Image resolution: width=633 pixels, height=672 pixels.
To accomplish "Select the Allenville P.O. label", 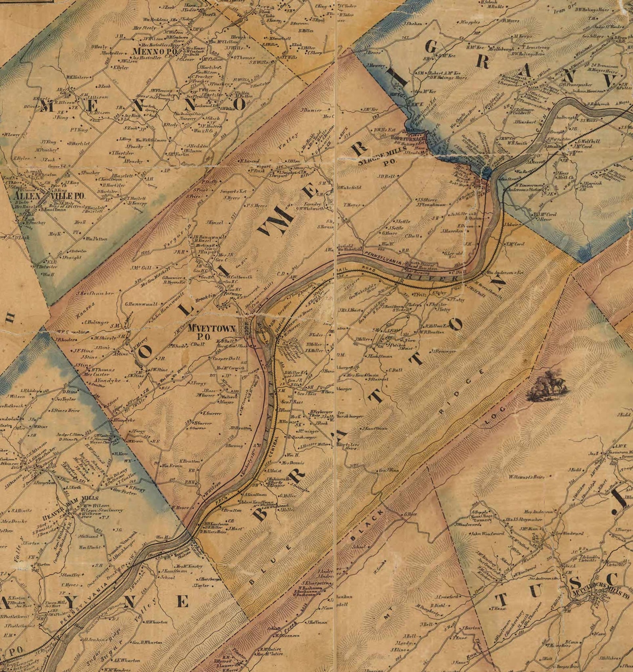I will click(49, 196).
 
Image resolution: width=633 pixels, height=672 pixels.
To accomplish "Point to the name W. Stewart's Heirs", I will click(526, 477).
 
